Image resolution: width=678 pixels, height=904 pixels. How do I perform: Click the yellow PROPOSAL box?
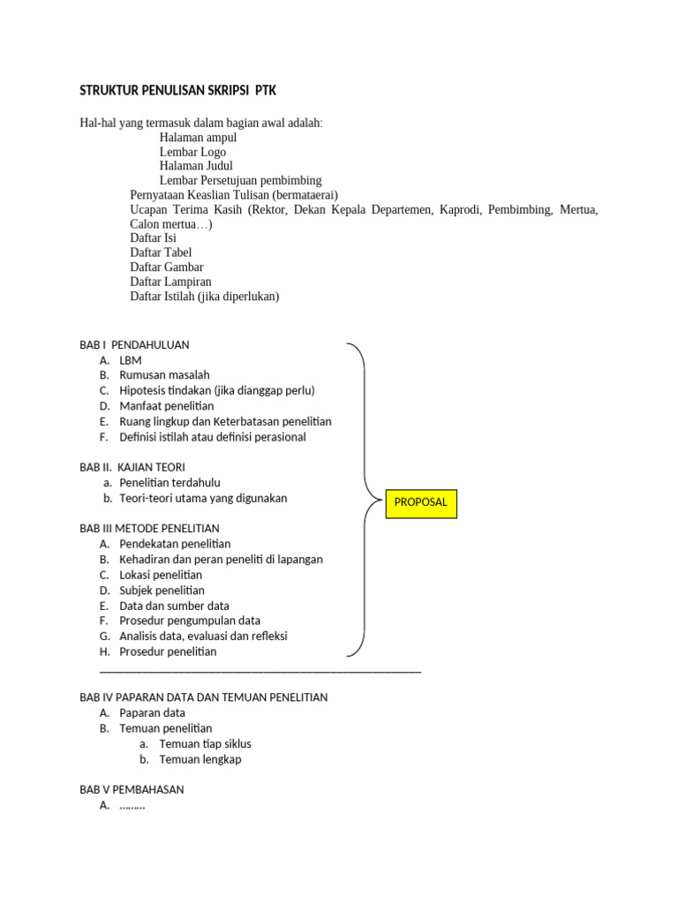(x=420, y=502)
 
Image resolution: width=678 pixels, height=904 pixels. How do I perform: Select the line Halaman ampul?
(x=198, y=138)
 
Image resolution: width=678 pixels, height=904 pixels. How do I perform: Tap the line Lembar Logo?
(x=192, y=152)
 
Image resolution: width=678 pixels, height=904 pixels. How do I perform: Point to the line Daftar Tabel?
(x=161, y=252)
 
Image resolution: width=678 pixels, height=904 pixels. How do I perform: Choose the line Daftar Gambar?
(x=167, y=267)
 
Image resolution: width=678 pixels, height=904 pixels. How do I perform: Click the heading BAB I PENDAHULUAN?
(x=134, y=344)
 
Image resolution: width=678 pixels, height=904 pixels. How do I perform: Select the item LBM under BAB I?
(x=131, y=360)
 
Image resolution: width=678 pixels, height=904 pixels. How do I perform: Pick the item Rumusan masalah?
(x=164, y=375)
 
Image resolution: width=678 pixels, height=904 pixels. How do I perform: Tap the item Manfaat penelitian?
(x=167, y=406)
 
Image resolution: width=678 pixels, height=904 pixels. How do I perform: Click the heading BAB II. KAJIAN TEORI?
(x=132, y=466)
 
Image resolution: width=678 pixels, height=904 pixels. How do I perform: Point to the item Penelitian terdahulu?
(x=169, y=483)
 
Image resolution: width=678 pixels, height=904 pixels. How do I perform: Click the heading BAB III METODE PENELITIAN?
(x=149, y=528)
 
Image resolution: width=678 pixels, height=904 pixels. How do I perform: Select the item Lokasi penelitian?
(x=161, y=575)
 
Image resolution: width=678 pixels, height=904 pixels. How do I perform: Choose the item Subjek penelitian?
(x=162, y=590)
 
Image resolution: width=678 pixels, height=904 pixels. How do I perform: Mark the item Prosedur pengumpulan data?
(x=190, y=621)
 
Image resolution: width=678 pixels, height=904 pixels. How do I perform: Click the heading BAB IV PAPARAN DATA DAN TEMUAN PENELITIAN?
(x=203, y=697)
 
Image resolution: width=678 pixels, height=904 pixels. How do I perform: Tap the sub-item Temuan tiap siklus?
(x=205, y=744)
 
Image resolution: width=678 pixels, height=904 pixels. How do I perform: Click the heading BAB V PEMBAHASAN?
(x=132, y=789)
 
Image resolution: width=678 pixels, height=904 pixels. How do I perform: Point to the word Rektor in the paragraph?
(x=271, y=209)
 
